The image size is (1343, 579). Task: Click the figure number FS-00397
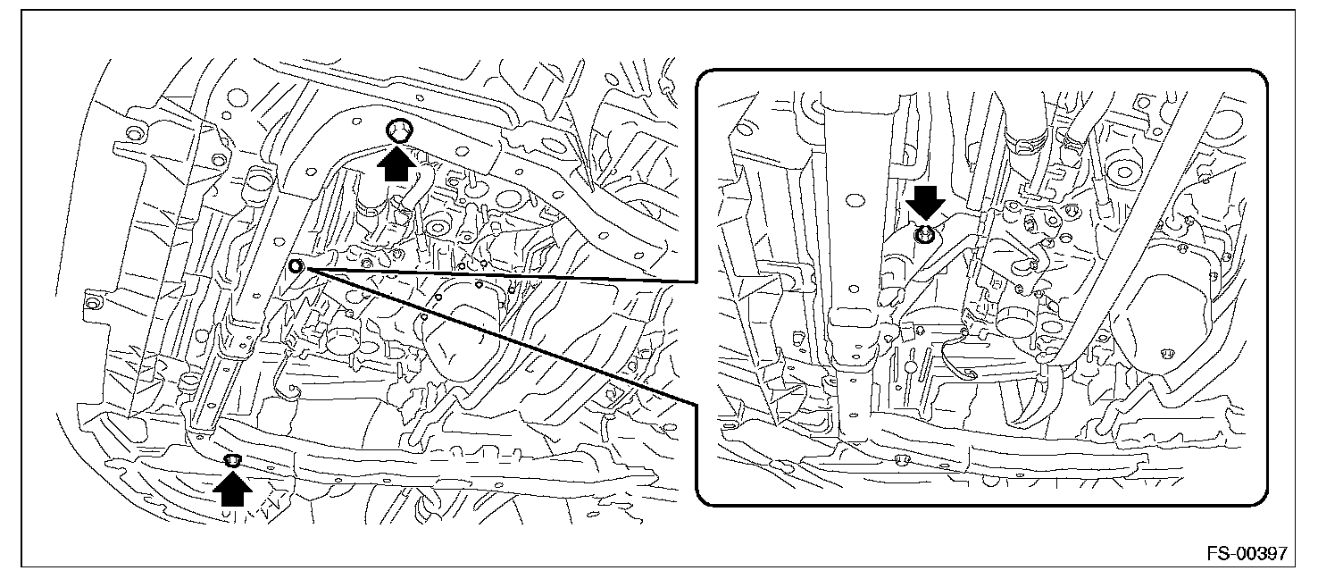(1247, 552)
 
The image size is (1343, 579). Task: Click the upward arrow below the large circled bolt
(396, 164)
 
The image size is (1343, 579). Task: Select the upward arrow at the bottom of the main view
(233, 489)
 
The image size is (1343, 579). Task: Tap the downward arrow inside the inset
(925, 203)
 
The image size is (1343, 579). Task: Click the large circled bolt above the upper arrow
(399, 130)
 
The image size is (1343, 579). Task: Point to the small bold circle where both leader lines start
(296, 265)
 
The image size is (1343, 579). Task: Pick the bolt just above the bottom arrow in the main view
(233, 461)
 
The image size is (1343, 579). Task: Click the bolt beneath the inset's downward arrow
(924, 234)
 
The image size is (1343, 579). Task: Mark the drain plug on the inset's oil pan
(1165, 354)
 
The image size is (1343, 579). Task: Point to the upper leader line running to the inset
(497, 275)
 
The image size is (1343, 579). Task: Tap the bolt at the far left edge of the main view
(92, 300)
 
